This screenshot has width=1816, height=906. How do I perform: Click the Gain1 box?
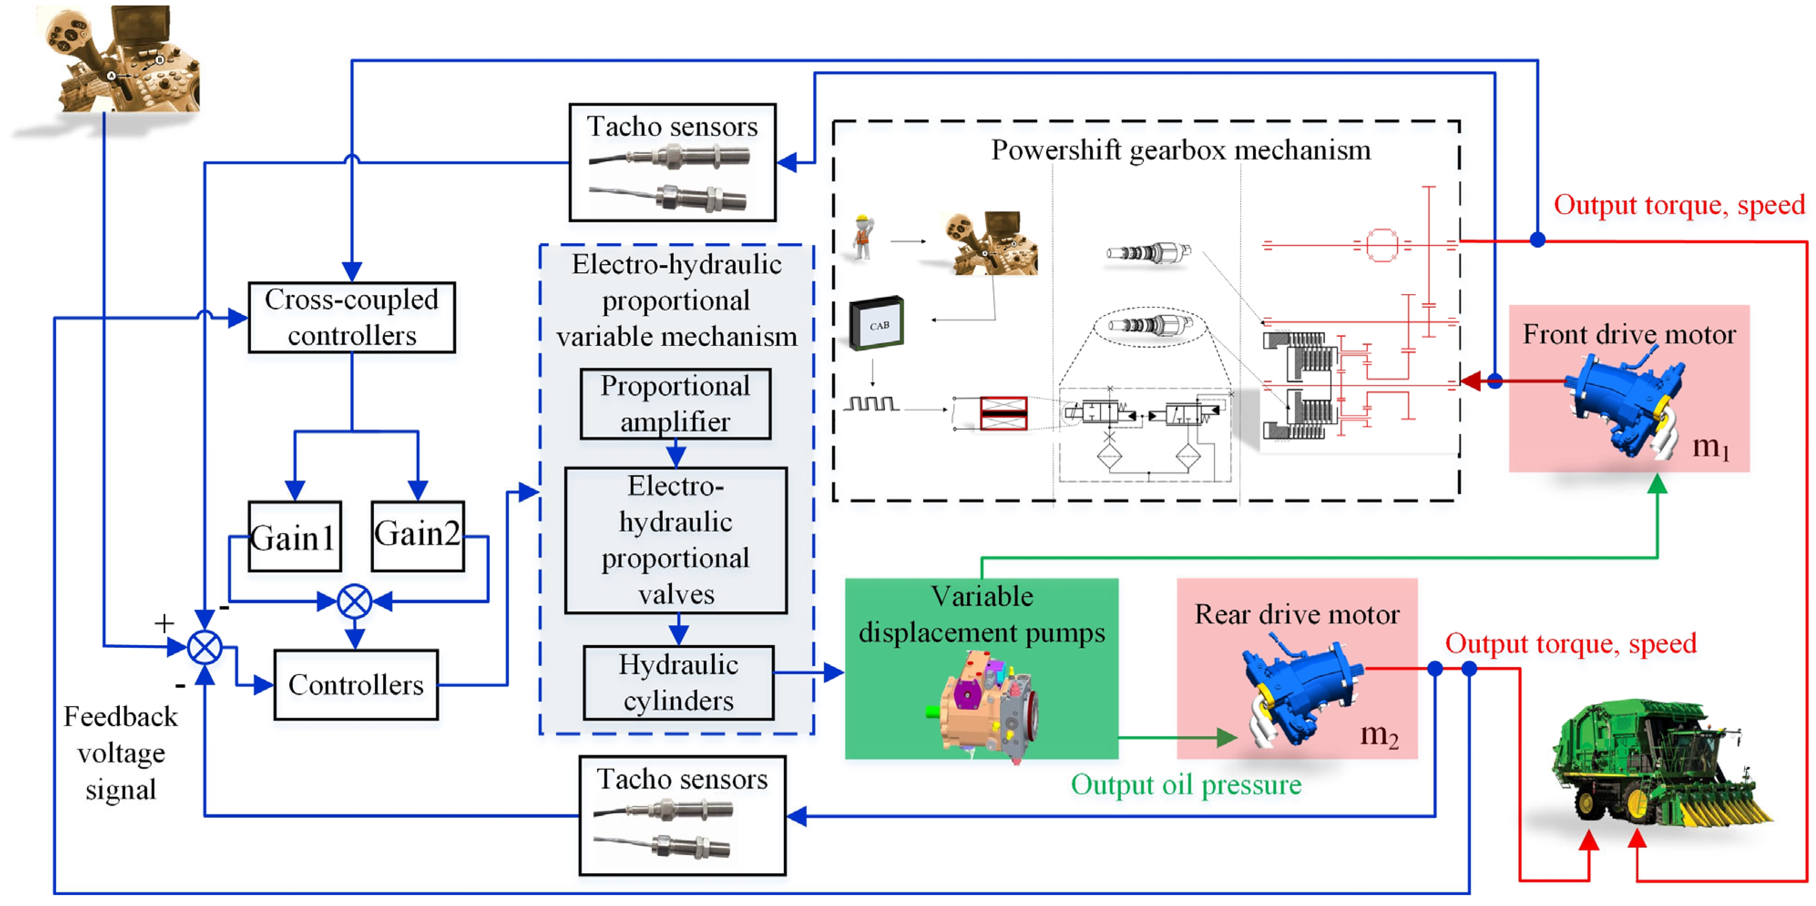pyautogui.click(x=295, y=537)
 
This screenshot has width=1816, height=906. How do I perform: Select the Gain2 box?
pyautogui.click(x=417, y=535)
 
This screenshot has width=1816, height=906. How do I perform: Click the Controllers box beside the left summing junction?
pyautogui.click(x=356, y=684)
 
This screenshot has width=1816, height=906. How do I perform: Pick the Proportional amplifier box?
pyautogui.click(x=675, y=404)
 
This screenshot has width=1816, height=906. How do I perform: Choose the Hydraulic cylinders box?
pyautogui.click(x=678, y=682)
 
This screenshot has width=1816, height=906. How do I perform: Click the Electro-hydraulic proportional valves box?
pyautogui.click(x=675, y=540)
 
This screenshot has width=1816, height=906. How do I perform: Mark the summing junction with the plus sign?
pyautogui.click(x=205, y=647)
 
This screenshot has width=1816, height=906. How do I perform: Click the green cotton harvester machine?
pyautogui.click(x=1657, y=764)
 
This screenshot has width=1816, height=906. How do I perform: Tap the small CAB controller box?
pyautogui.click(x=877, y=324)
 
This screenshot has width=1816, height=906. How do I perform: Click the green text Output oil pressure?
pyautogui.click(x=1186, y=784)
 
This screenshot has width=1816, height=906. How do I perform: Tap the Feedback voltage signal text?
pyautogui.click(x=121, y=753)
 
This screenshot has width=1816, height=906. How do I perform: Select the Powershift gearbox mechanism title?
pyautogui.click(x=1181, y=150)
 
